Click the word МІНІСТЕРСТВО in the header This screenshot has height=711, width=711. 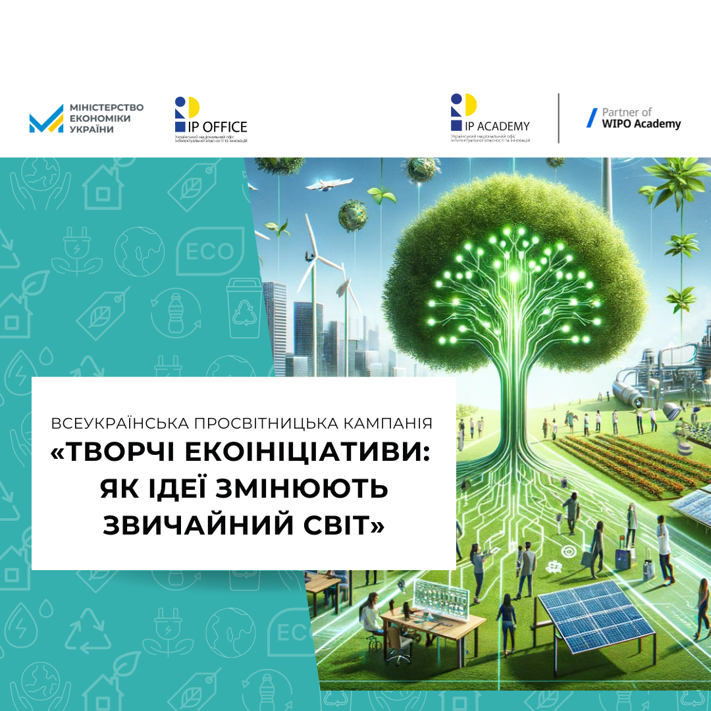point(106,107)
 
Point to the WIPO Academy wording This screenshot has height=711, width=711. point(642,124)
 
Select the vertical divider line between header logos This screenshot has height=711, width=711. point(558,118)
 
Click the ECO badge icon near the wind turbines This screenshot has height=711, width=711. point(211,251)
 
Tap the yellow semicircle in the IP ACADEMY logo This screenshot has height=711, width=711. point(469,105)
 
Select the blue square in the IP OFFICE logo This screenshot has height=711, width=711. point(180,126)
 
